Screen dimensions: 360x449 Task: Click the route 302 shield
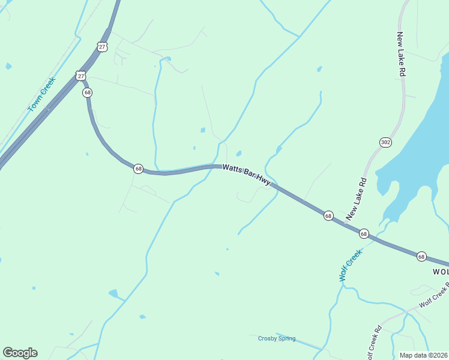point(385,142)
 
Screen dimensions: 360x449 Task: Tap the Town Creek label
point(41,94)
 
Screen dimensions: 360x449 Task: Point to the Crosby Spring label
point(277,338)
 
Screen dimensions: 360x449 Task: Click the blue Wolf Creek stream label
point(351,265)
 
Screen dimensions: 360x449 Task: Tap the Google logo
point(20,353)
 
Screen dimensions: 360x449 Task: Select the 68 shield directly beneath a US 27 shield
point(88,92)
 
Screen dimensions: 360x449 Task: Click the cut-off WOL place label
point(440,272)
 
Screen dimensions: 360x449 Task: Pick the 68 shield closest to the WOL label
point(421,256)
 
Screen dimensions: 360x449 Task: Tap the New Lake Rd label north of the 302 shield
point(400,54)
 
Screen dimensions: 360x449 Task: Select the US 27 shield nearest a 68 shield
point(81,76)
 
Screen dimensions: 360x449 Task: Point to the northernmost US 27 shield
point(102,46)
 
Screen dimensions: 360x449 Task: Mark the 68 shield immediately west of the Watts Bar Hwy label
point(139,169)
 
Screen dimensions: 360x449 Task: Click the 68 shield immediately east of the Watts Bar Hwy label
point(328,215)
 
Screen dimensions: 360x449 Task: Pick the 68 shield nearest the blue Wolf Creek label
point(364,233)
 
